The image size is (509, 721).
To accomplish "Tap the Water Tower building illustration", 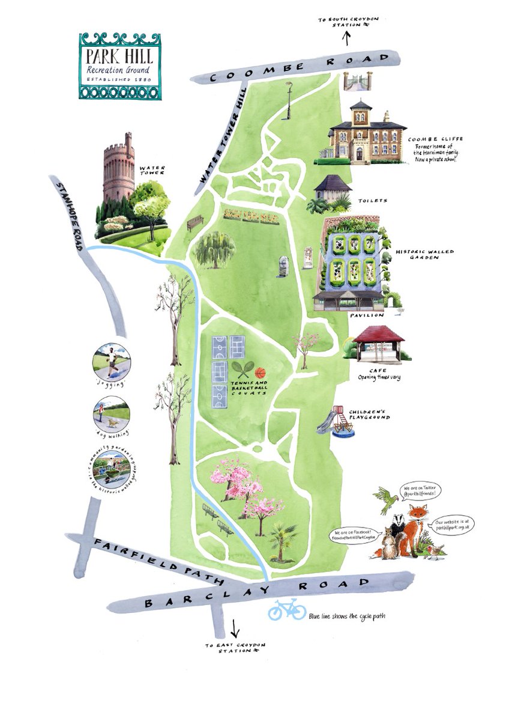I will [x=118, y=168].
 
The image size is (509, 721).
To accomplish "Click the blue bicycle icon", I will [x=287, y=610].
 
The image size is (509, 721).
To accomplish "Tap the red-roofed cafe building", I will [x=377, y=344].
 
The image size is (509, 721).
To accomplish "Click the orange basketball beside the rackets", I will [x=261, y=373].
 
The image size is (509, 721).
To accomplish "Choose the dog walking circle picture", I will [x=111, y=414].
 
